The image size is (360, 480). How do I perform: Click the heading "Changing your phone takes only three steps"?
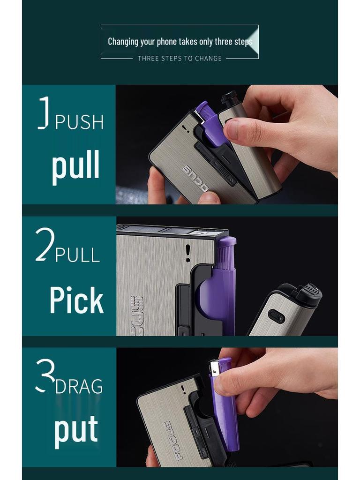pyautogui.click(x=180, y=42)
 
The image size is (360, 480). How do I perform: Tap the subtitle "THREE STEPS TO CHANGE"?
pyautogui.click(x=180, y=59)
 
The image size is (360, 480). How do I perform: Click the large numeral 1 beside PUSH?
pyautogui.click(x=44, y=112)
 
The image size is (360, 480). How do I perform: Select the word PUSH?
pyautogui.click(x=79, y=122)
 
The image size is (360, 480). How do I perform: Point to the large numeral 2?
pyautogui.click(x=45, y=244)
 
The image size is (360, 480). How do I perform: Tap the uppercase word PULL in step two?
pyautogui.click(x=77, y=255)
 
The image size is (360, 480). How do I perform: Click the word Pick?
pyautogui.click(x=76, y=300)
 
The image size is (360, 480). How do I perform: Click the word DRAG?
pyautogui.click(x=79, y=387)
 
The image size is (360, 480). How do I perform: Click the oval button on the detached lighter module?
pyautogui.click(x=276, y=317)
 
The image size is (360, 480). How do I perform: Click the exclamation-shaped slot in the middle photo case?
pyautogui.click(x=187, y=253)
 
